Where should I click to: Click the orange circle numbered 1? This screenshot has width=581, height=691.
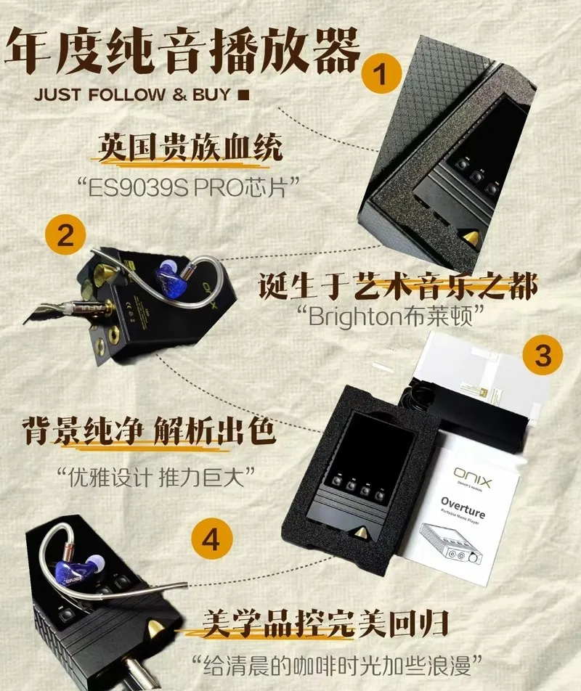pos(381,73)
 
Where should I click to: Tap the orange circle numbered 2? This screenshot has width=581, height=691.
pos(65,235)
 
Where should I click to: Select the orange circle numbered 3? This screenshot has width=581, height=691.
pos(543,355)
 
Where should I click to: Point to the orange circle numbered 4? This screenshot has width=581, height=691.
pos(211,539)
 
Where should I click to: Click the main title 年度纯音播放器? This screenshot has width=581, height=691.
pos(182,50)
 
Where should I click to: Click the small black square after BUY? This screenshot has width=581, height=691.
pos(243,95)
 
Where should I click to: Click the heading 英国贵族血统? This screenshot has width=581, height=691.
pos(190,147)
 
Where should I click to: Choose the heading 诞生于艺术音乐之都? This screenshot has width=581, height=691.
pos(399,285)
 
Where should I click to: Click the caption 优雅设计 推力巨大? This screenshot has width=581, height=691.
pos(156,478)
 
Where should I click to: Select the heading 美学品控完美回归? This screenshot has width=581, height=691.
pos(325,623)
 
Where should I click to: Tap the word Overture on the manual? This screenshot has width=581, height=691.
pos(463,507)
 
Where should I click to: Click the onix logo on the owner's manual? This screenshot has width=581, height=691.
pos(472,476)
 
